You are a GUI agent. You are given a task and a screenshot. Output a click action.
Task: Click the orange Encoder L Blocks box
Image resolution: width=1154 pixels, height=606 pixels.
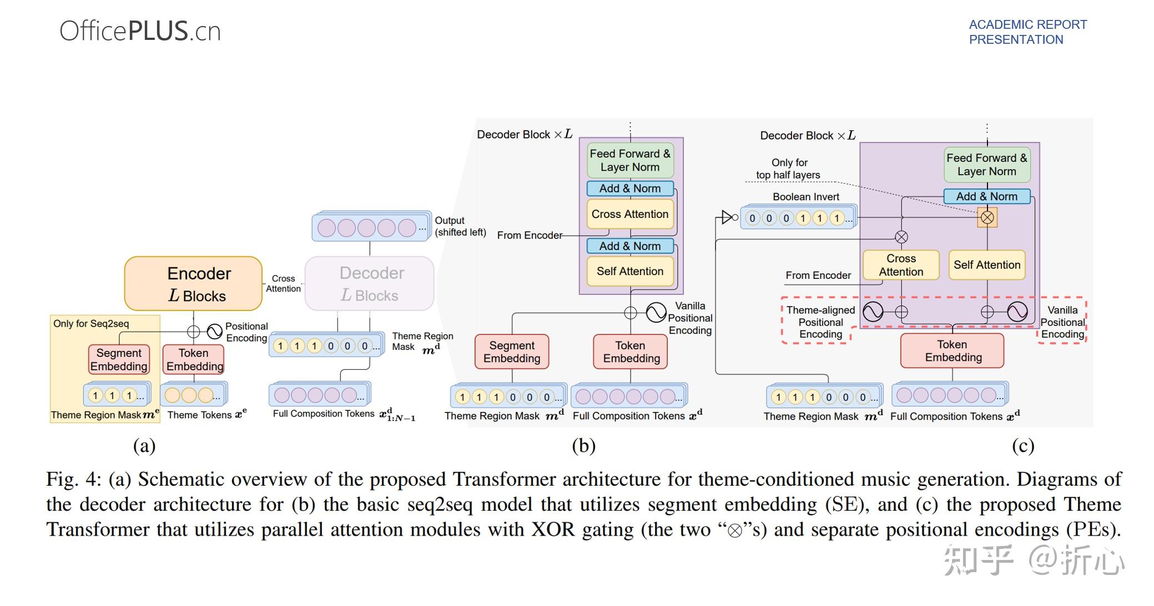tap(193, 283)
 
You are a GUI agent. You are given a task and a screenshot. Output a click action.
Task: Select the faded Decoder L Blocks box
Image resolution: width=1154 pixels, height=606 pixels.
tap(369, 283)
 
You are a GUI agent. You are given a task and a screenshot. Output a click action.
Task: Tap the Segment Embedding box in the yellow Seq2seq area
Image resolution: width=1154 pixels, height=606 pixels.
tap(119, 359)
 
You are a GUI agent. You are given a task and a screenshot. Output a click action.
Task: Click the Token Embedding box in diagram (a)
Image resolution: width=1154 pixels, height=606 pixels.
tap(194, 359)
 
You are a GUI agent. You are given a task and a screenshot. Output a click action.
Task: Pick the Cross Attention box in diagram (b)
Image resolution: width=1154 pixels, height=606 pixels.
tap(629, 214)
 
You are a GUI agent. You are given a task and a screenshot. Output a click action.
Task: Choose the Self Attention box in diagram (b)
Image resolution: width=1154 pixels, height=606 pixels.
tap(629, 271)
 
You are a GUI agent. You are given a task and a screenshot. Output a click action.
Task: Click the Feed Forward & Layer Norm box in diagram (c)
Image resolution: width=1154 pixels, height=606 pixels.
tap(986, 165)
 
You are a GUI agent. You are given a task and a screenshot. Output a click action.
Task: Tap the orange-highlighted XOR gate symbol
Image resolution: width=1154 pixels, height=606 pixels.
tap(987, 217)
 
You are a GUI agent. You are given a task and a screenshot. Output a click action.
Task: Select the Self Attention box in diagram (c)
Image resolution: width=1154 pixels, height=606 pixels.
tap(986, 265)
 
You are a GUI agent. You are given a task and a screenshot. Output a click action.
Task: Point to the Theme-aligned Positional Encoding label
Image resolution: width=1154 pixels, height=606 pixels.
tap(820, 322)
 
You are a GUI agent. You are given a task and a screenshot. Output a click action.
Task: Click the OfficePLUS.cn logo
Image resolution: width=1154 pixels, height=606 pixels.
tap(140, 31)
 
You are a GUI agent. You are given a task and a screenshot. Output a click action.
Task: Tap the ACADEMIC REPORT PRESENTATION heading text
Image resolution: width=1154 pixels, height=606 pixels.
tap(1027, 32)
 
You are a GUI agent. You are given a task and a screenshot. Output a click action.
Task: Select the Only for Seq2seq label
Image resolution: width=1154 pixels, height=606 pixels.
tap(91, 324)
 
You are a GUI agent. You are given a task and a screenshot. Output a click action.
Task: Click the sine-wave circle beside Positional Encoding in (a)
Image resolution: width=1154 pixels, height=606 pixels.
tap(214, 332)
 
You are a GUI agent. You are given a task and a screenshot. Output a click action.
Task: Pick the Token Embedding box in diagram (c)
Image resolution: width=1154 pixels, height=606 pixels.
tap(952, 351)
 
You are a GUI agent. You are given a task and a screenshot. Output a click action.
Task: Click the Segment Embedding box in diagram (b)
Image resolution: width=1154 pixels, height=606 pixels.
tap(511, 352)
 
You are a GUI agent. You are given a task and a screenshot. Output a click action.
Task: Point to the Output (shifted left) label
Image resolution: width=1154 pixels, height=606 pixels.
tap(460, 226)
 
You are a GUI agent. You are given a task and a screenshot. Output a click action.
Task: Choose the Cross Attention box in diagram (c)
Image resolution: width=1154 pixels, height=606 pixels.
tap(900, 265)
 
